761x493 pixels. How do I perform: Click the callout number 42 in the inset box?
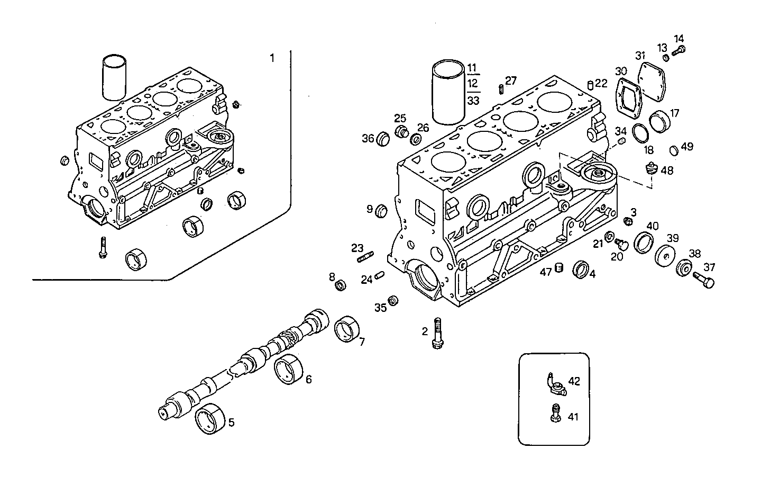tap(574, 381)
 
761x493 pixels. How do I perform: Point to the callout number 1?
tap(272, 58)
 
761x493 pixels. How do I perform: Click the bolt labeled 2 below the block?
tap(437, 333)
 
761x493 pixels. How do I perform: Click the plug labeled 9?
tap(381, 211)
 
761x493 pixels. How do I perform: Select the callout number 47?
tap(546, 272)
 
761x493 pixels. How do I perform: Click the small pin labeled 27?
tap(500, 88)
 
